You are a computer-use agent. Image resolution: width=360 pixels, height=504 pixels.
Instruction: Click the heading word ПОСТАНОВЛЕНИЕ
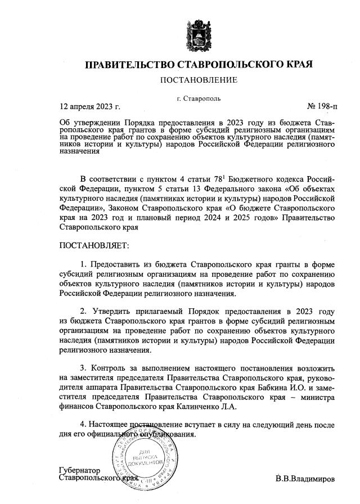[199, 80]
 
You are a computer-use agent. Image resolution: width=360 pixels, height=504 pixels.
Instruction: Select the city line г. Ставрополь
[199, 98]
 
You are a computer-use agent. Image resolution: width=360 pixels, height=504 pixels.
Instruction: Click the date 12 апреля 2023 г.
[90, 106]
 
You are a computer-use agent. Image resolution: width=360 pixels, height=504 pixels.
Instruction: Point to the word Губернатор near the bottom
[79, 470]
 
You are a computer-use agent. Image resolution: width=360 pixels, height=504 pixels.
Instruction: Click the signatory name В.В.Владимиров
[305, 479]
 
